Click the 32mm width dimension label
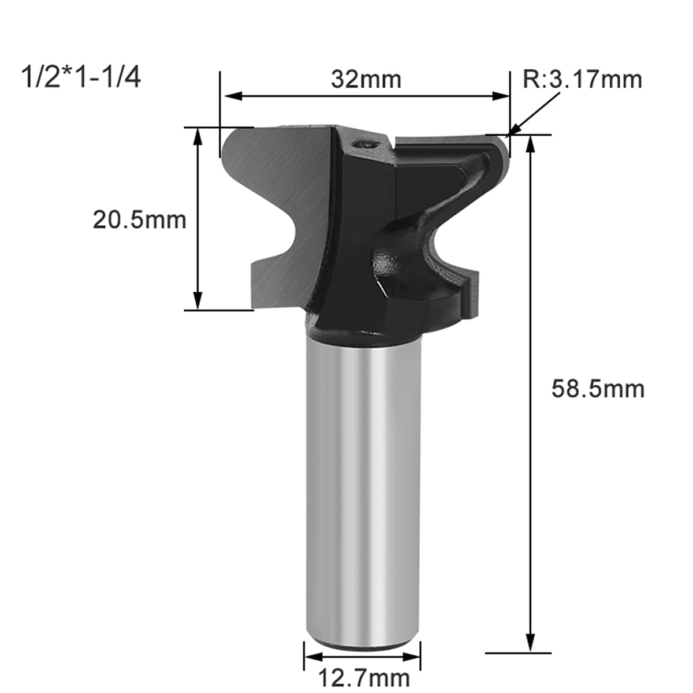click(x=366, y=80)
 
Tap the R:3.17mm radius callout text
click(x=582, y=80)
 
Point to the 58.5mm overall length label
click(x=598, y=389)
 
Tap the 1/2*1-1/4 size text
click(x=81, y=78)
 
